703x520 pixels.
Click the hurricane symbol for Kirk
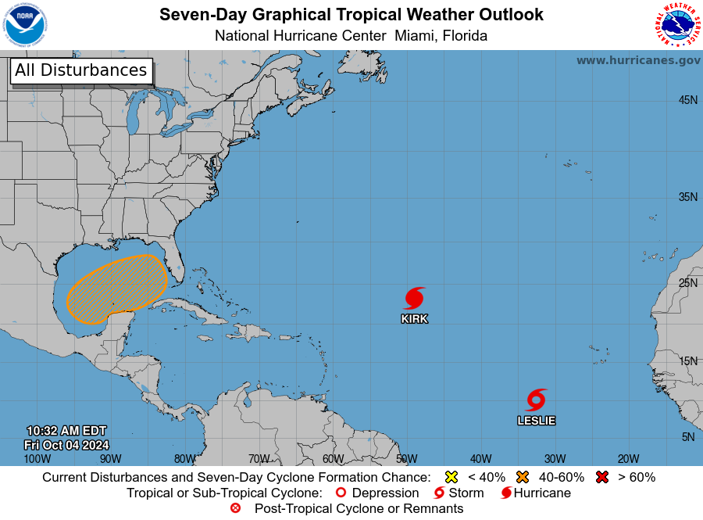(x=415, y=298)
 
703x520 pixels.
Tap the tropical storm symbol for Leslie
(x=536, y=400)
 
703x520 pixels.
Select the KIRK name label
(x=415, y=319)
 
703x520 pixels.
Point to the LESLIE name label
(x=536, y=421)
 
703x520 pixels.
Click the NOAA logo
(x=25, y=25)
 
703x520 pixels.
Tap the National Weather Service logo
(x=676, y=25)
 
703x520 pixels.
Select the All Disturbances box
(x=80, y=70)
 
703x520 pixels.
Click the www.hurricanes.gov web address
(x=638, y=60)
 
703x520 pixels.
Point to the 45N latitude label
(x=687, y=100)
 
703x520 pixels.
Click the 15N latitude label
(x=687, y=360)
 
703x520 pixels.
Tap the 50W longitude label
(x=406, y=459)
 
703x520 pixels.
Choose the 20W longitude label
(x=628, y=459)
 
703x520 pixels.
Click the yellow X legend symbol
(x=451, y=477)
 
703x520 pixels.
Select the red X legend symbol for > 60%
(x=601, y=477)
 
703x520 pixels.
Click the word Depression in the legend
(x=384, y=493)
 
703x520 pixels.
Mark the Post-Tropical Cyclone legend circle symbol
(x=235, y=508)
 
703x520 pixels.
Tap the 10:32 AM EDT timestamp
(x=66, y=431)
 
